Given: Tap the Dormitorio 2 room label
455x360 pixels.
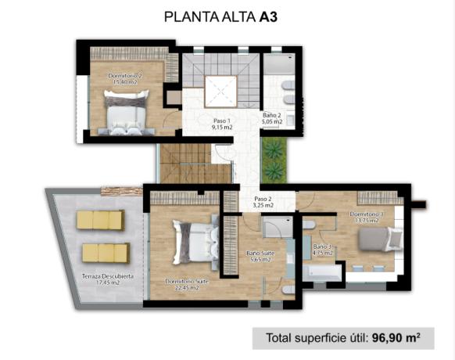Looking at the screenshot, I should point(126,78).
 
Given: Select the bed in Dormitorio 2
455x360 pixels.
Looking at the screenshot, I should point(127,111).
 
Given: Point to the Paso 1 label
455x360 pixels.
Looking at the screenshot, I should point(221,124).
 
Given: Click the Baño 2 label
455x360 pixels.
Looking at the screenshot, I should point(272,119).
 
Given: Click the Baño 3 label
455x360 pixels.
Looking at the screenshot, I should point(323,250).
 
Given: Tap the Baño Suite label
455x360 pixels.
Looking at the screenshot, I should point(259,257).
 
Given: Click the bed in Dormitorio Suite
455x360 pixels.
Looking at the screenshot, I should point(195,243).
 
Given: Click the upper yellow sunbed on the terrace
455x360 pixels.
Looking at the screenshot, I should point(101,220).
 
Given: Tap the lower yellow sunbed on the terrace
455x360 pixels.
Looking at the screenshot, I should point(106,252).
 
